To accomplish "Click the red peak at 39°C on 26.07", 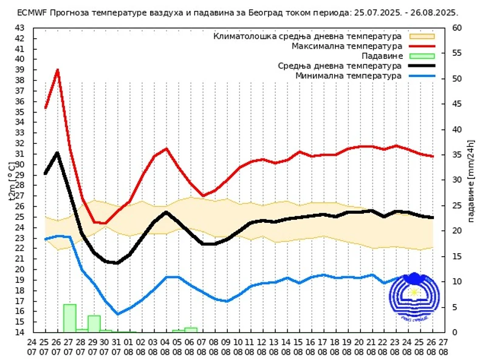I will [58, 70].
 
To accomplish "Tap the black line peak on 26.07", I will [58, 152].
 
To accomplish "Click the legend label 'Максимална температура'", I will [347, 46].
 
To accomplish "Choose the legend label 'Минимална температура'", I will [348, 76].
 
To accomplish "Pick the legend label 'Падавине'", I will [383, 56].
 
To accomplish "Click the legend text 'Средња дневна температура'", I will [340, 66].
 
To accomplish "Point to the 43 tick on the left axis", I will [20, 28].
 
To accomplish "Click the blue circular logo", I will [413, 297].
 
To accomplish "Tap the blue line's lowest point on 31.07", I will [118, 314].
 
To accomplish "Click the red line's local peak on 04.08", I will [166, 149].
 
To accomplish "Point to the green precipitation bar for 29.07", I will [94, 324].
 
